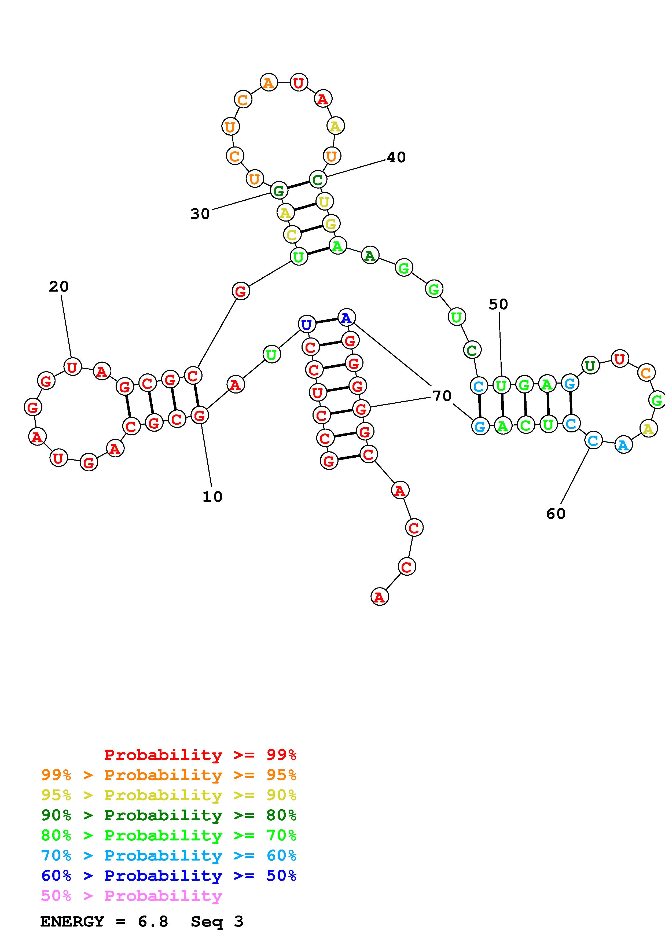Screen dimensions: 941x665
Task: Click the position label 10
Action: point(212,497)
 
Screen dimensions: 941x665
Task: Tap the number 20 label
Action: point(58,286)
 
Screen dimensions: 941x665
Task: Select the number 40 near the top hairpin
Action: point(396,157)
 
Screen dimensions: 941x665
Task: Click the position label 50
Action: point(498,304)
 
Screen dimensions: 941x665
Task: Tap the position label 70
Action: point(442,396)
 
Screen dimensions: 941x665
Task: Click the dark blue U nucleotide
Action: point(307,325)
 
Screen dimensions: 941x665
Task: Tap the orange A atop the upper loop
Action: point(268,83)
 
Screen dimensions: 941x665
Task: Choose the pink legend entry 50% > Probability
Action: point(131,896)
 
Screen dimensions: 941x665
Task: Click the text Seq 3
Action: point(217,922)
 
